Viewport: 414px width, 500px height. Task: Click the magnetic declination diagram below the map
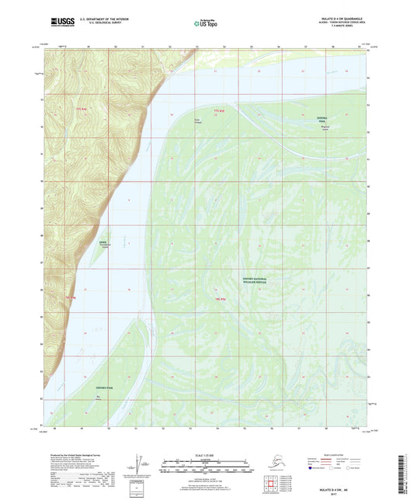coord(140,467)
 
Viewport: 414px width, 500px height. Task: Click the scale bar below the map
coord(206,468)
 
